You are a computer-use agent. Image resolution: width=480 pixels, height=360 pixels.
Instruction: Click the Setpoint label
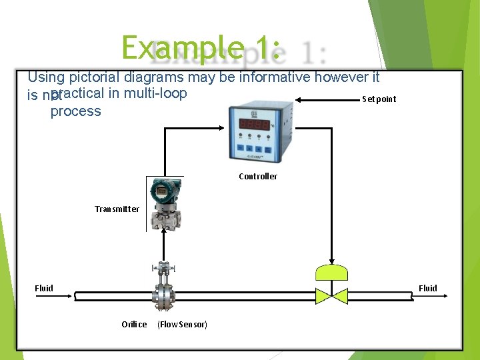(x=379, y=99)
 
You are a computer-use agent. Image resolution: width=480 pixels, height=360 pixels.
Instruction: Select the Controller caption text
(x=258, y=177)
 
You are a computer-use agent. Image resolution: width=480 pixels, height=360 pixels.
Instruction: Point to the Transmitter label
(x=117, y=209)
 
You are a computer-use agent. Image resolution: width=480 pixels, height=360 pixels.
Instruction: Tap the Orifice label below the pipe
(x=134, y=325)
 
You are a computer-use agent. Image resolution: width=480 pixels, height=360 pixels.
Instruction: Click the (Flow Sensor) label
(x=182, y=325)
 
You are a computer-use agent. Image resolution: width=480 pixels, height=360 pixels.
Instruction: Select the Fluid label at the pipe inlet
(x=44, y=289)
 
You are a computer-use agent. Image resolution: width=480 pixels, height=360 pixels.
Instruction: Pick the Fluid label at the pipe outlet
(x=427, y=289)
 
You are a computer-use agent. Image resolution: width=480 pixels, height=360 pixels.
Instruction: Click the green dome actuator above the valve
(x=331, y=271)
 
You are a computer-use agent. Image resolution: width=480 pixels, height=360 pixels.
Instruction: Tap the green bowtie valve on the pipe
(x=331, y=294)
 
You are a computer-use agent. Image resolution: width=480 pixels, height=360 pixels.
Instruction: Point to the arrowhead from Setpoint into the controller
(x=298, y=99)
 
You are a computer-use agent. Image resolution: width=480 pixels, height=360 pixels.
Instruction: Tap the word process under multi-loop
(x=75, y=111)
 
